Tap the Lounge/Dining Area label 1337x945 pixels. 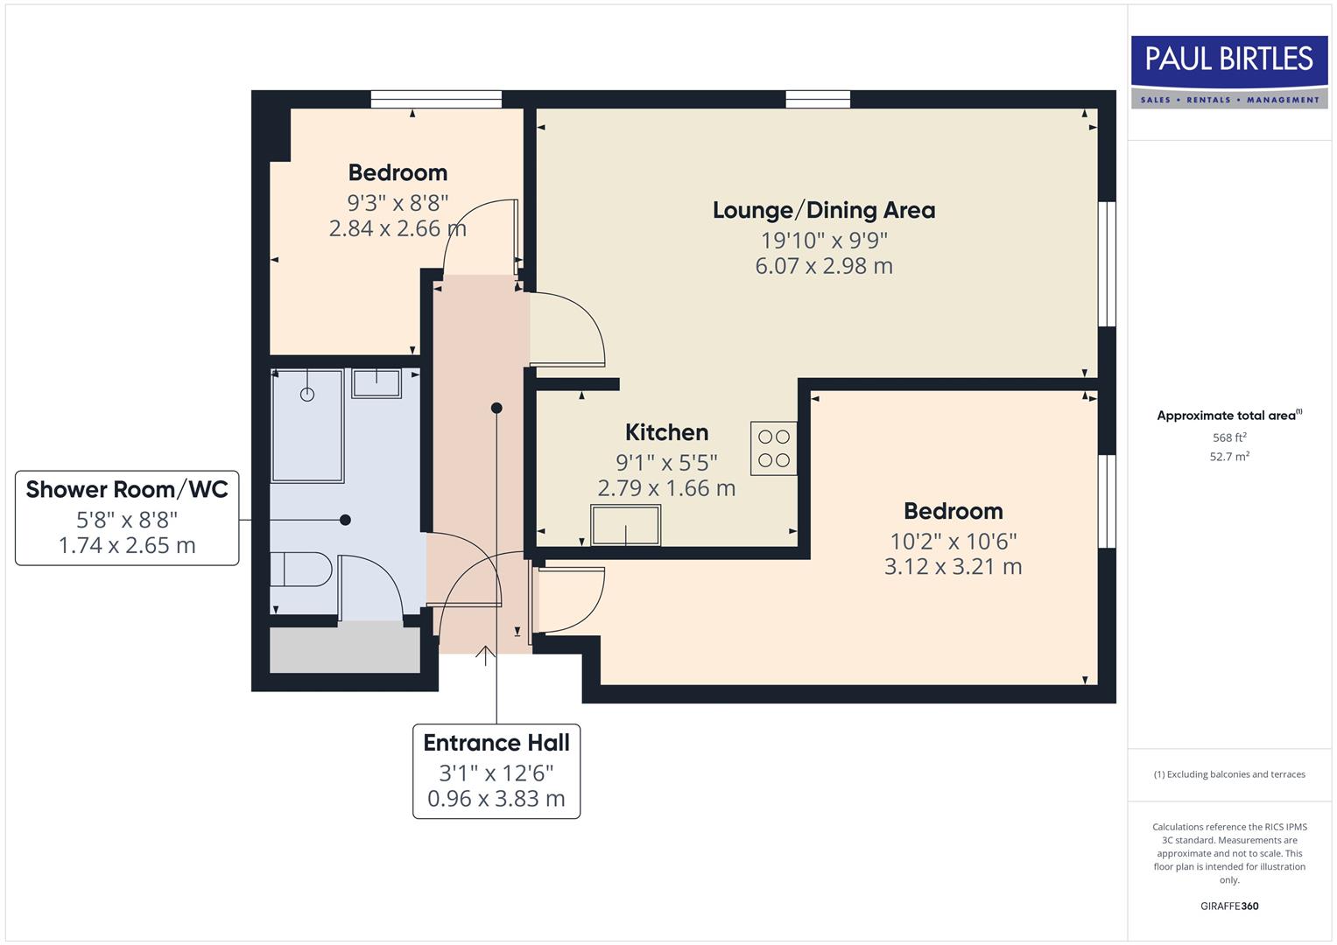823,210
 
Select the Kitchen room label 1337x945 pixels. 666,432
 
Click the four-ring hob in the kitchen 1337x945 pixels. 773,448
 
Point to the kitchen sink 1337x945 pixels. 625,525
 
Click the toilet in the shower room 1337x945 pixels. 300,570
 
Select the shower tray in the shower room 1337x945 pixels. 306,425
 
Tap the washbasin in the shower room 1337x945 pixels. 376,383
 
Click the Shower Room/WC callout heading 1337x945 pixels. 127,489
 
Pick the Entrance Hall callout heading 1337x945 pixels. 496,743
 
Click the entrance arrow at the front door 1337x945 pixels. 486,655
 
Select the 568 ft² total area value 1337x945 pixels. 1228,437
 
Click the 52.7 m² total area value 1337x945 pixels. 1228,456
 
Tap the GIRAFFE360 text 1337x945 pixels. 1228,906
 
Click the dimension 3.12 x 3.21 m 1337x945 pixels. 953,567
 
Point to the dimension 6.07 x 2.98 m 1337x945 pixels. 823,266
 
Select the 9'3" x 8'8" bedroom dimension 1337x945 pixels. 398,203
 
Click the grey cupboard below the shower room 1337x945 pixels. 344,648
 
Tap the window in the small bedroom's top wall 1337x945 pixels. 436,99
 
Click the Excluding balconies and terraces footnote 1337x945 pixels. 1228,774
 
